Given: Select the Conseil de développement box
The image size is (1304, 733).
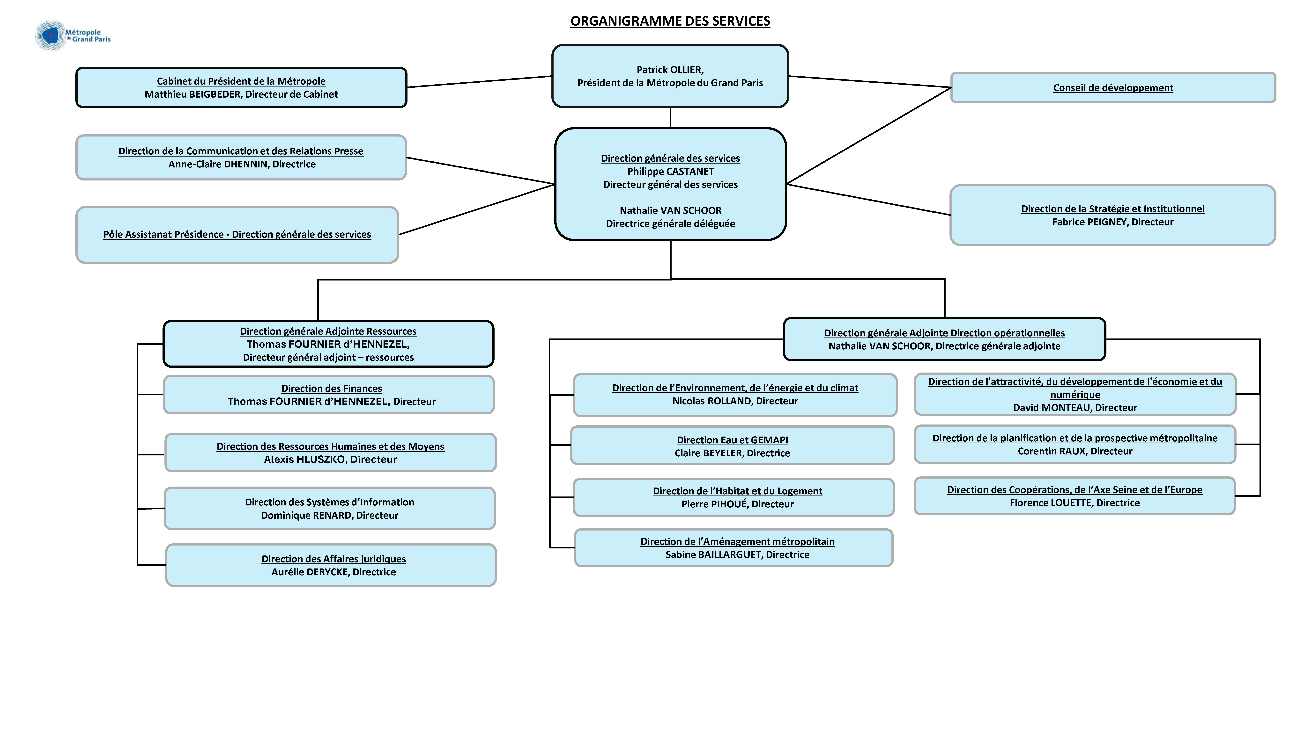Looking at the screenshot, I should tap(1113, 87).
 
